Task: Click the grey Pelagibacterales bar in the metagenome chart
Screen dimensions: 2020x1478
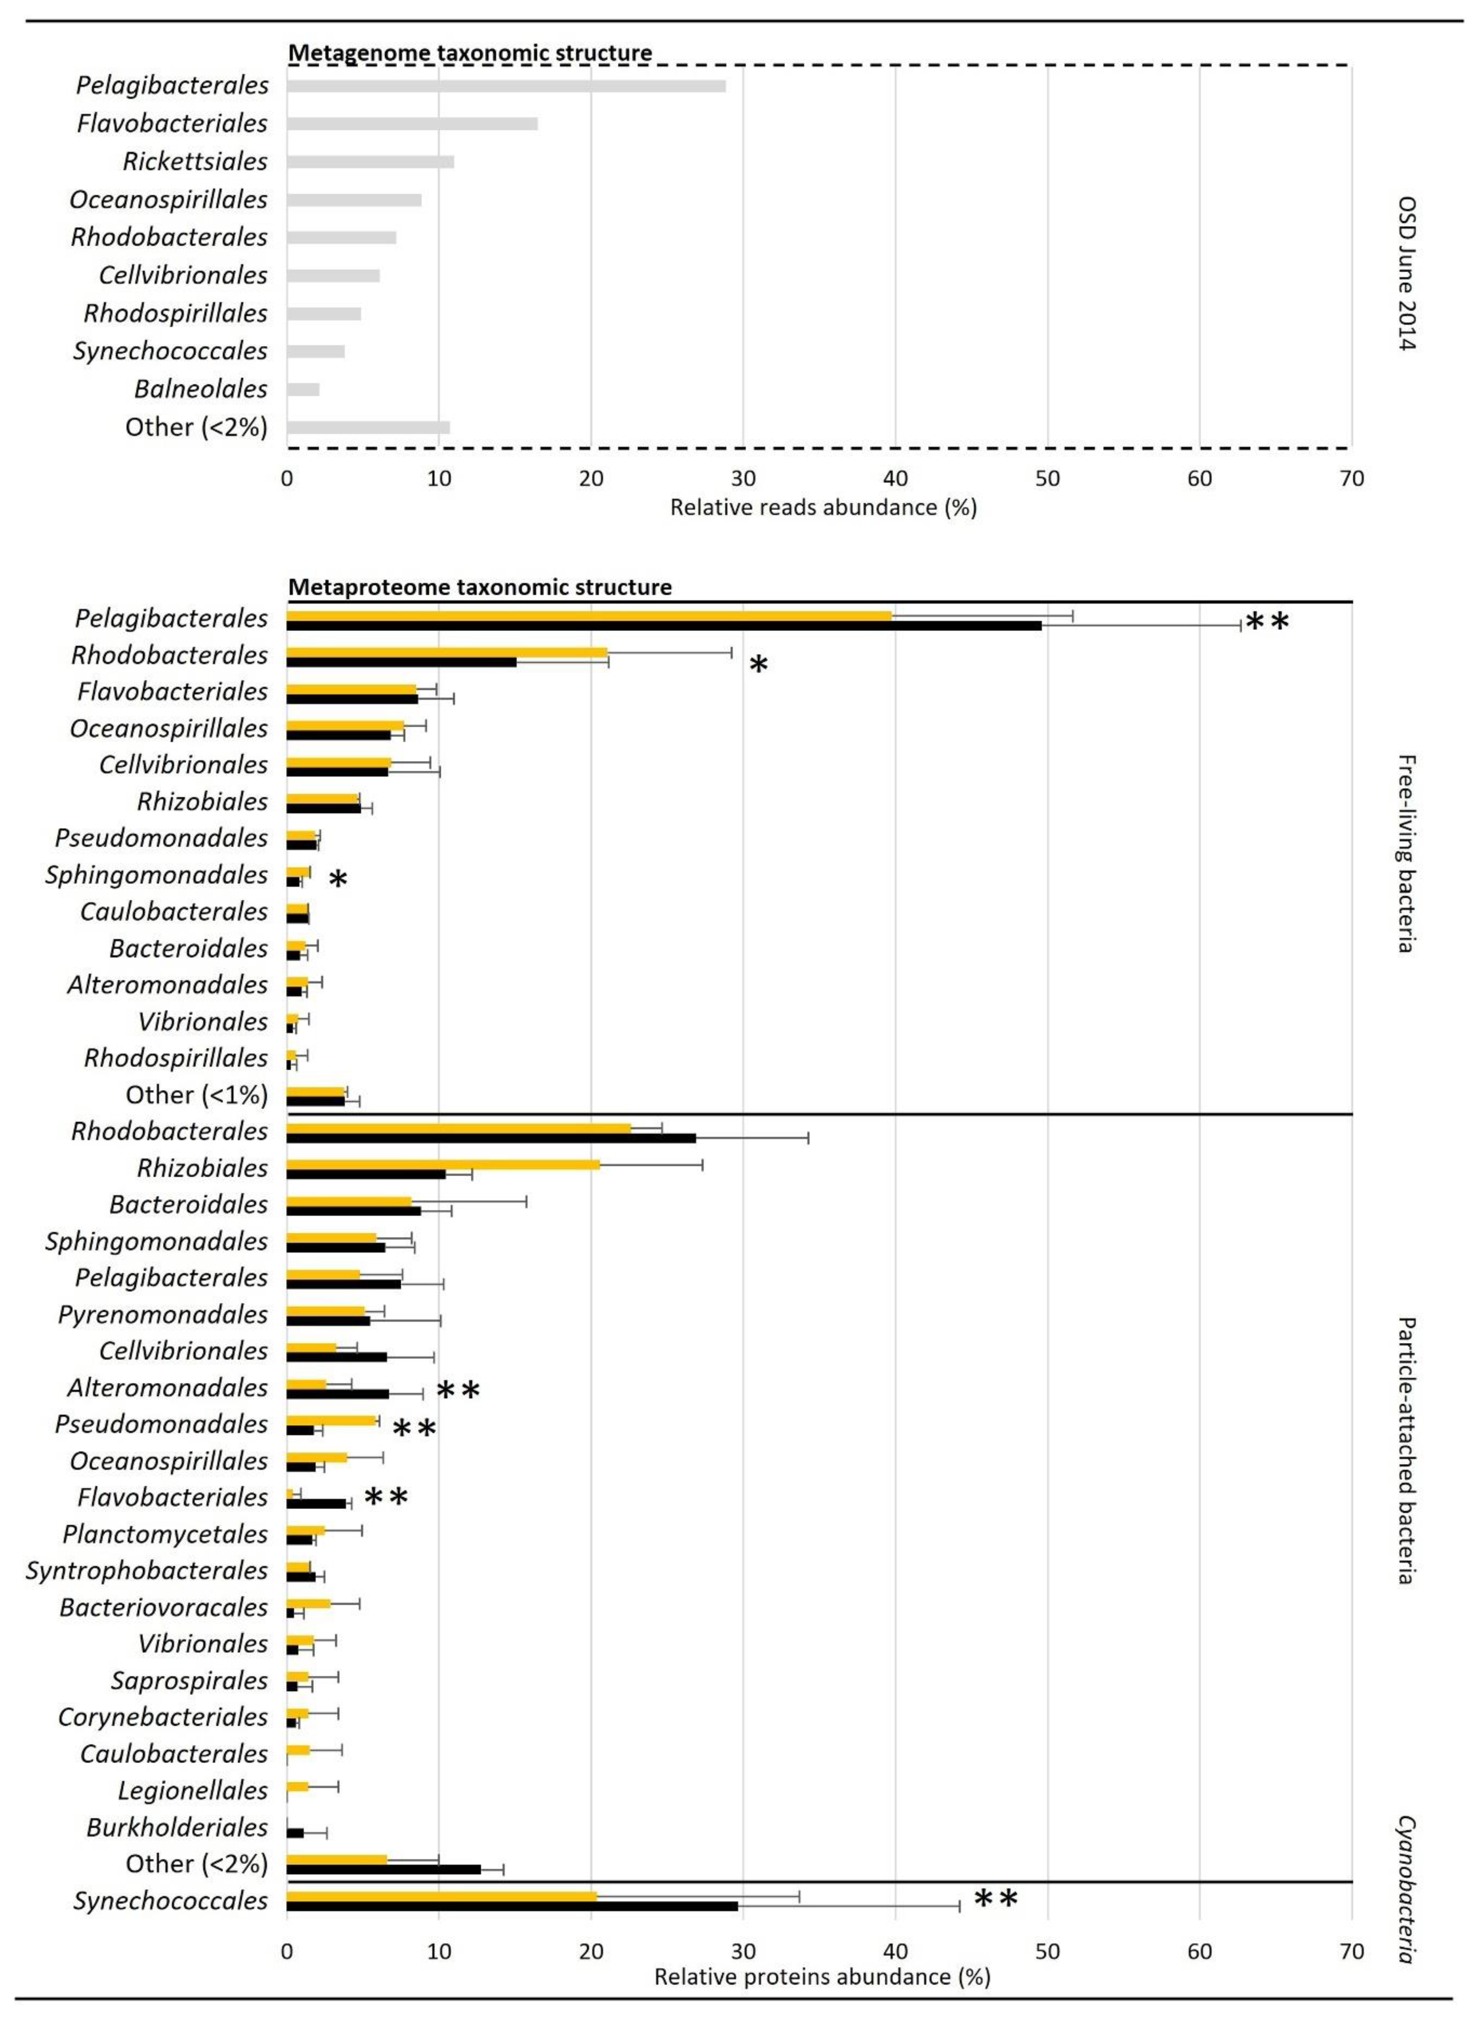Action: (506, 86)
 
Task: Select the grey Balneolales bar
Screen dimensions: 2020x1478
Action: (303, 389)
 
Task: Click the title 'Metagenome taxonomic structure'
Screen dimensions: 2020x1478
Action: (470, 53)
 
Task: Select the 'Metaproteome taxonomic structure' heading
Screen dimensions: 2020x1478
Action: (479, 587)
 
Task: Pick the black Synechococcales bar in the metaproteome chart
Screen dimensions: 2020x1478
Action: (512, 1906)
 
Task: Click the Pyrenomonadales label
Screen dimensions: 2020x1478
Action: (163, 1314)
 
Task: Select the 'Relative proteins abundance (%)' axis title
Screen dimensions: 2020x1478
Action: (822, 1976)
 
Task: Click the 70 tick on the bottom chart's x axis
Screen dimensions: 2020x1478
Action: (1351, 1951)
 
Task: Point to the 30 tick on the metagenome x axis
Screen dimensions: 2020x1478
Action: (743, 479)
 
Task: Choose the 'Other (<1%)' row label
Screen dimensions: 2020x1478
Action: (196, 1094)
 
